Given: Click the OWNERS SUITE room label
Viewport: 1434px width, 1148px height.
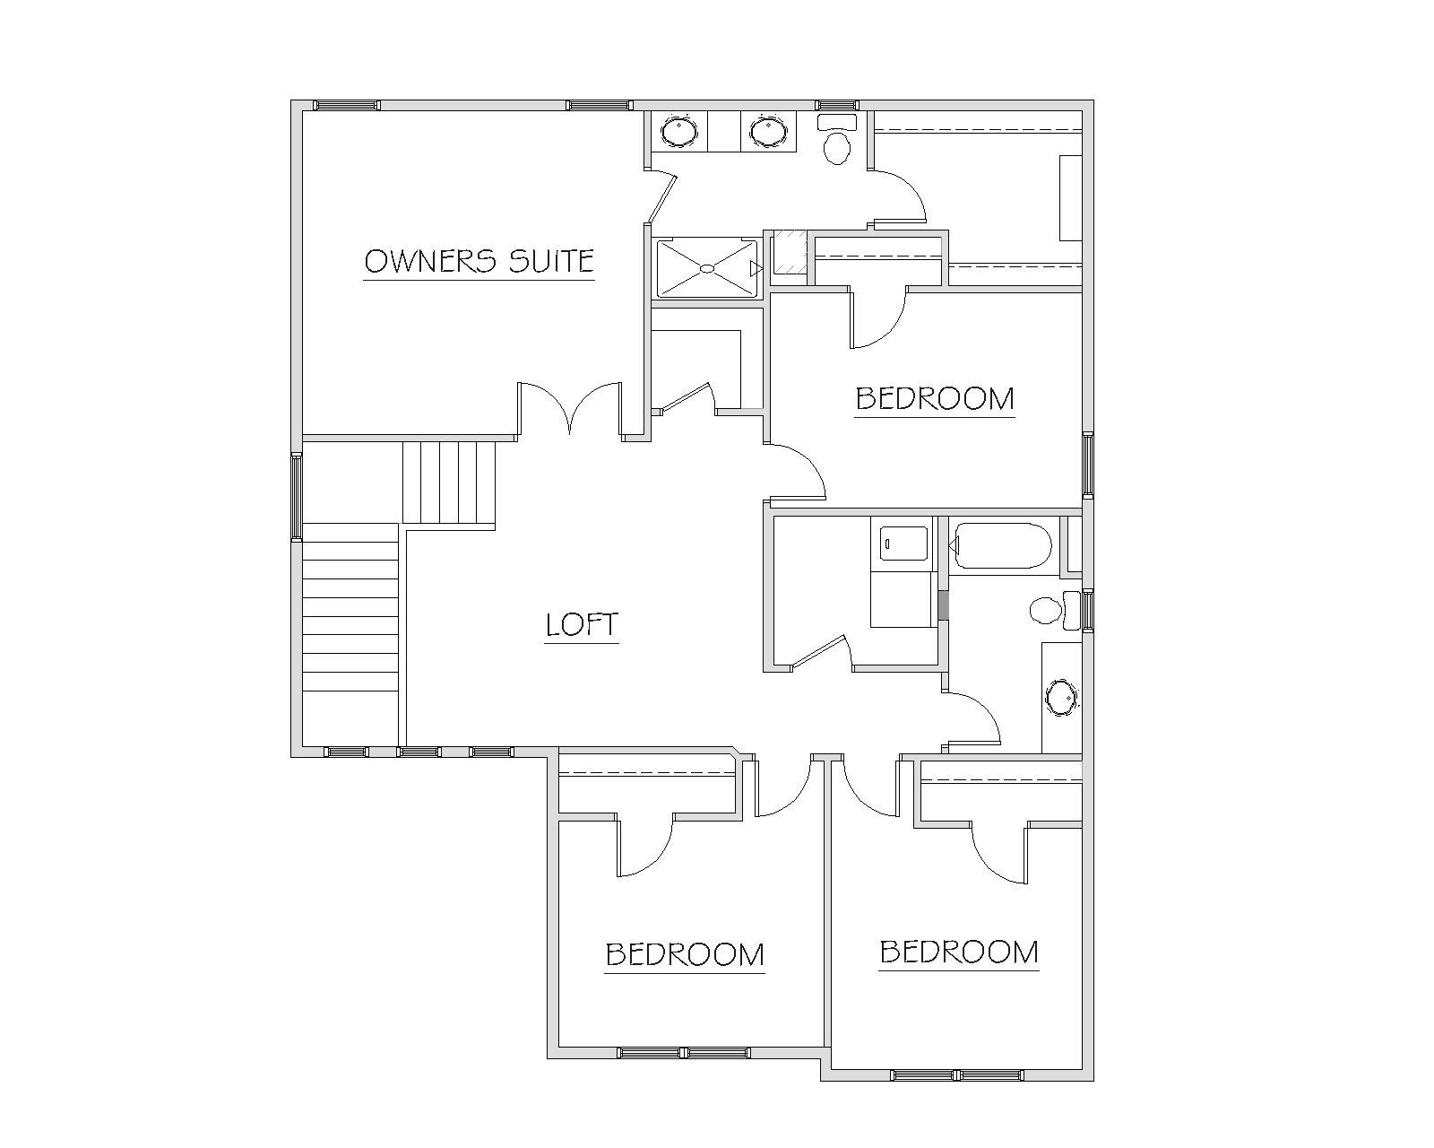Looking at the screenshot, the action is (x=479, y=261).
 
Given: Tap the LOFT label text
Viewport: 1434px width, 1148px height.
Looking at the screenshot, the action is (x=582, y=625).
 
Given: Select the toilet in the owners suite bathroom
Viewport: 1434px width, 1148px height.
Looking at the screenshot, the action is (x=837, y=140).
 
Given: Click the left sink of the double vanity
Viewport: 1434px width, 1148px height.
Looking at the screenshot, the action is (x=679, y=130).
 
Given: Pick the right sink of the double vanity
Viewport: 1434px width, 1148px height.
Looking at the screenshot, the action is (x=768, y=130).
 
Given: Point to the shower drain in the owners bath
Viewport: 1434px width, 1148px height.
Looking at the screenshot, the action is (x=707, y=268).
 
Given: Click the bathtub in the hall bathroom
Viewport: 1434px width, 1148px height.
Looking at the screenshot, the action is (x=999, y=545).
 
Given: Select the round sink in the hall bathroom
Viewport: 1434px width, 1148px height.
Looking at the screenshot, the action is (x=1061, y=698).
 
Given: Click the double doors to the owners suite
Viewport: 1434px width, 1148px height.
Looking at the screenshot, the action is (x=570, y=407).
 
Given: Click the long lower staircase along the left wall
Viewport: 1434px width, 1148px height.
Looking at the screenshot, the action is (x=350, y=634).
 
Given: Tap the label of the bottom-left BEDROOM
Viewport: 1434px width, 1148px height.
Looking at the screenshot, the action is (x=685, y=954).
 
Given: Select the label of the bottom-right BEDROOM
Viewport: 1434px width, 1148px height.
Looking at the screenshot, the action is (x=959, y=952).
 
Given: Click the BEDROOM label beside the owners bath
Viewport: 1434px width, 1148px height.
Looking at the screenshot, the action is (x=935, y=398).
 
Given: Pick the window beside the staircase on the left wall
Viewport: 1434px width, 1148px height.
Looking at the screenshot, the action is (x=297, y=496).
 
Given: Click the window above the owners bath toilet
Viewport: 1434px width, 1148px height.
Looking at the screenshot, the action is (x=838, y=106).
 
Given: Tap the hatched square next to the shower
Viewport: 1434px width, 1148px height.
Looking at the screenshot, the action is (x=790, y=251).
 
